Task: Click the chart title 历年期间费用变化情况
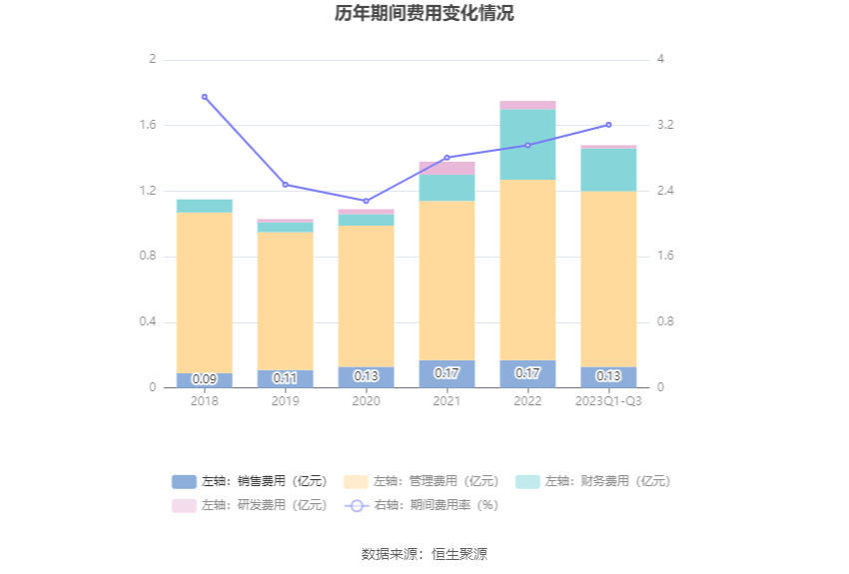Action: pyautogui.click(x=424, y=14)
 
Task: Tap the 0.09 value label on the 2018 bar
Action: pyautogui.click(x=205, y=379)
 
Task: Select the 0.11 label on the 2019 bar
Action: pyautogui.click(x=286, y=378)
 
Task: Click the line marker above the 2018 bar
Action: pyautogui.click(x=205, y=97)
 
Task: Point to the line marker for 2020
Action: pyautogui.click(x=367, y=202)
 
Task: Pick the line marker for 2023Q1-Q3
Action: pyautogui.click(x=608, y=125)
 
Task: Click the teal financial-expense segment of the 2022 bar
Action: pyautogui.click(x=527, y=145)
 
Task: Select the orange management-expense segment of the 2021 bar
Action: pyautogui.click(x=446, y=280)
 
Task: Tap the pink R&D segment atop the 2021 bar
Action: pyautogui.click(x=446, y=168)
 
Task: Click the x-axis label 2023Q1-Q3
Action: pyautogui.click(x=608, y=401)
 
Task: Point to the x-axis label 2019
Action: pyautogui.click(x=286, y=401)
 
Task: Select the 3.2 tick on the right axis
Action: pyautogui.click(x=666, y=126)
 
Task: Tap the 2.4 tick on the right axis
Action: pyautogui.click(x=666, y=191)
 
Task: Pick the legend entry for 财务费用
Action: pyautogui.click(x=593, y=481)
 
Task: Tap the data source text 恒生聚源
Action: pyautogui.click(x=459, y=554)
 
